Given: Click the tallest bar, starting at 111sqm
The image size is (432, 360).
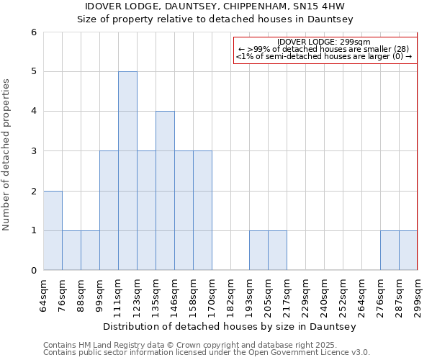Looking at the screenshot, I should tap(127, 171).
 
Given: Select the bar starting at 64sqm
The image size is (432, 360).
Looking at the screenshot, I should tap(53, 230).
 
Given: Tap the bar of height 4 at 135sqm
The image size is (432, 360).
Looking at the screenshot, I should tap(165, 191).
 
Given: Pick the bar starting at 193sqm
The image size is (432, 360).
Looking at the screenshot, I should tap(258, 251).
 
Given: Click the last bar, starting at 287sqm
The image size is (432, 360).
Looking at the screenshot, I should tap(408, 251).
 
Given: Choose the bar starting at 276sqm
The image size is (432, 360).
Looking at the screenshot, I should tap(390, 251).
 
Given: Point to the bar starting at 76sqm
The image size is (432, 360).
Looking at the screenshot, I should tap(71, 251).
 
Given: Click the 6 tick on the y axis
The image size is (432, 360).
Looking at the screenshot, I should tap(34, 32).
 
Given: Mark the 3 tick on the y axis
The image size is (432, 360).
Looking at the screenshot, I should tap(34, 151).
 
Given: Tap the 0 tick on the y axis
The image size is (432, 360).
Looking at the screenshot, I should tap(34, 271).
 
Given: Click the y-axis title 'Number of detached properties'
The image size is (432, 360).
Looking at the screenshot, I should tap(6, 155).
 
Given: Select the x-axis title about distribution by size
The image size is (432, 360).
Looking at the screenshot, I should tap(230, 326).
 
